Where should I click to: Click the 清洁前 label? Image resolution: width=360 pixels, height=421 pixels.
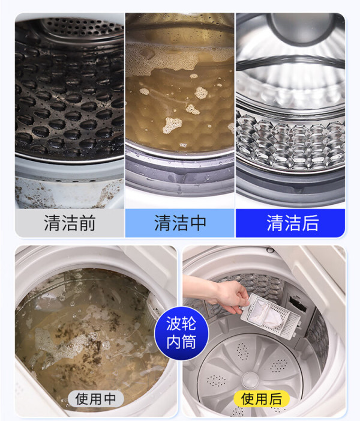(x=70, y=223)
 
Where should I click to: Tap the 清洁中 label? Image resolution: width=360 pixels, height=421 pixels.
(x=180, y=223)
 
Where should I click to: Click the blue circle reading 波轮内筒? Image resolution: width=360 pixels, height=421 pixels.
(x=181, y=332)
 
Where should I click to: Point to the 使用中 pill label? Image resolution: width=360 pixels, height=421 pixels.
(x=96, y=398)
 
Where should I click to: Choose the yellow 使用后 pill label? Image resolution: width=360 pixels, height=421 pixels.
(x=262, y=398)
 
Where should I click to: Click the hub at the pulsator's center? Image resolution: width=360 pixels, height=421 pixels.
(x=250, y=379)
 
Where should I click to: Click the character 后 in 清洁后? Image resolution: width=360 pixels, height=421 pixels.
(x=310, y=223)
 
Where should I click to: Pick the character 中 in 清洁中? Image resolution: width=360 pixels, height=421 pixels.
(x=197, y=223)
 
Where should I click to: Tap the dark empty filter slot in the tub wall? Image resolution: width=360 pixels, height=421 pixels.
(x=298, y=303)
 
